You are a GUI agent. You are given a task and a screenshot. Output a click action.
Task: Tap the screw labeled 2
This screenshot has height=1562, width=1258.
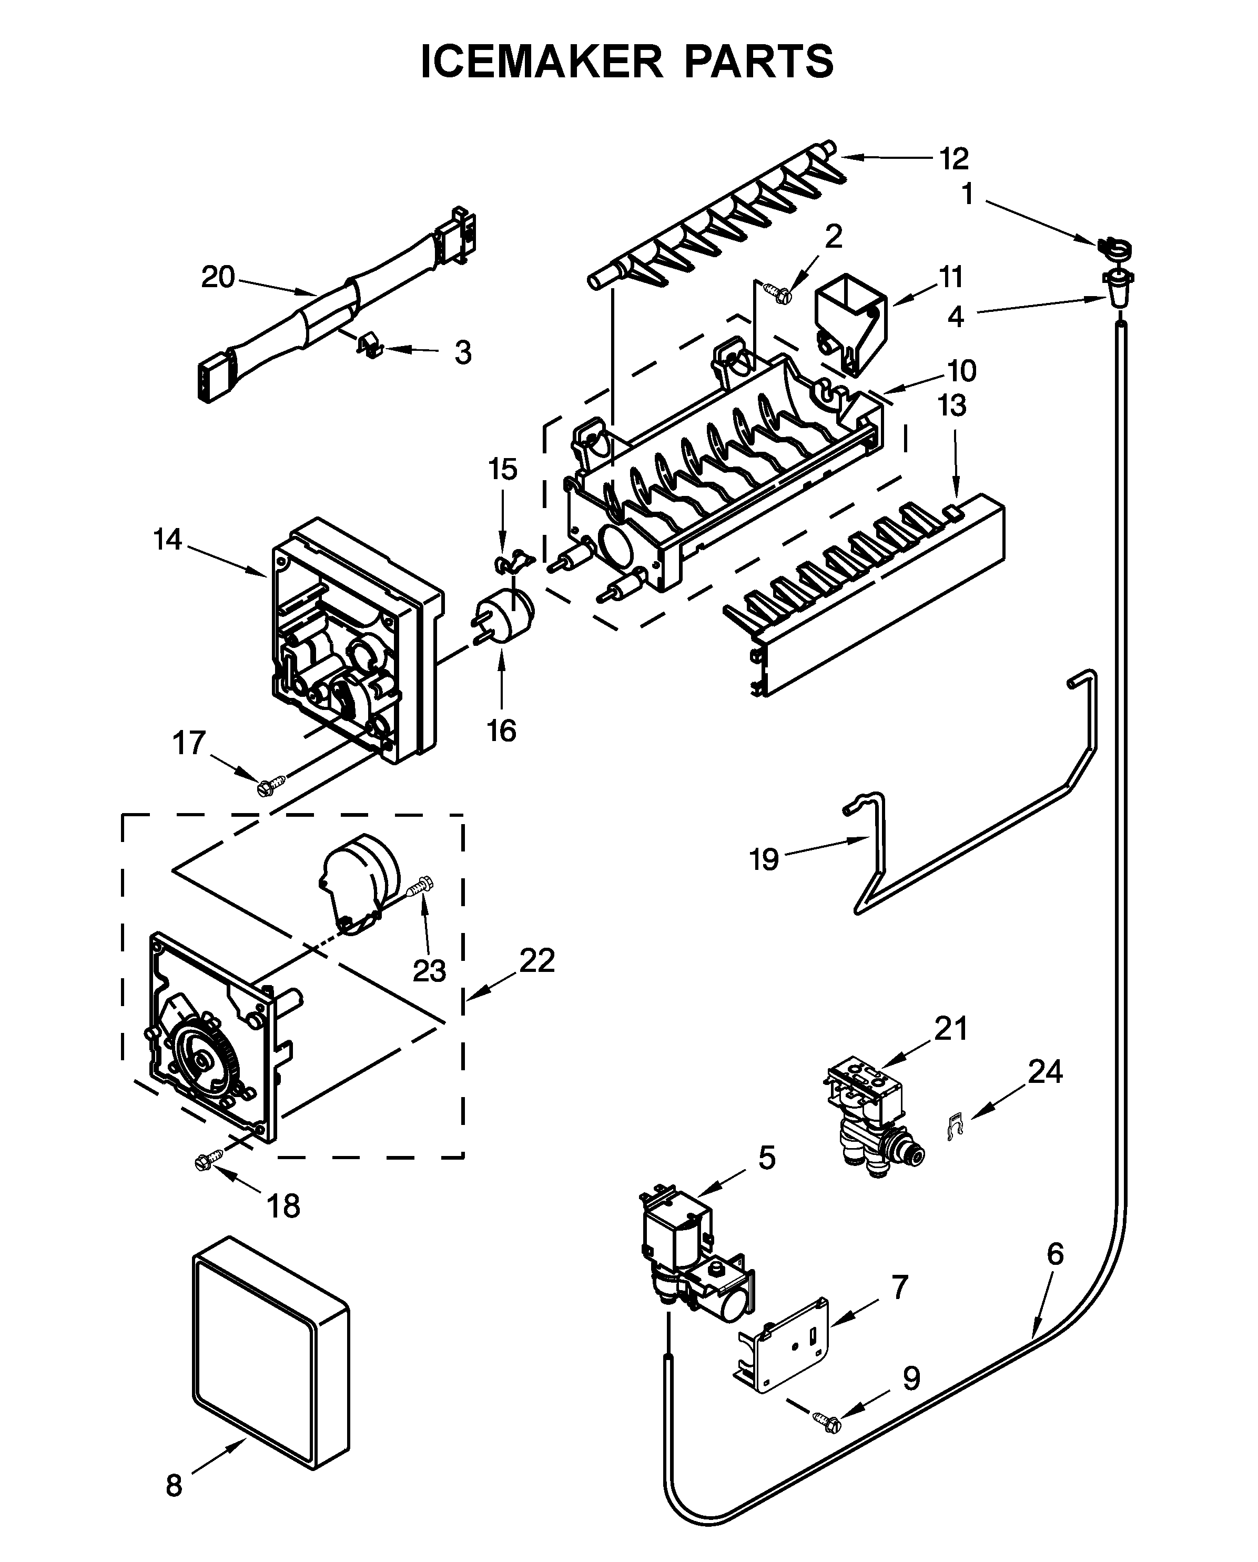(781, 293)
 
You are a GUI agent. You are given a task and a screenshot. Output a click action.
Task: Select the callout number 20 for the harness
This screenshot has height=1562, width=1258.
(218, 278)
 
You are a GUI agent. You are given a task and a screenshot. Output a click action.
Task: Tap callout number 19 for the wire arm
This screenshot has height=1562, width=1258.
(764, 860)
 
